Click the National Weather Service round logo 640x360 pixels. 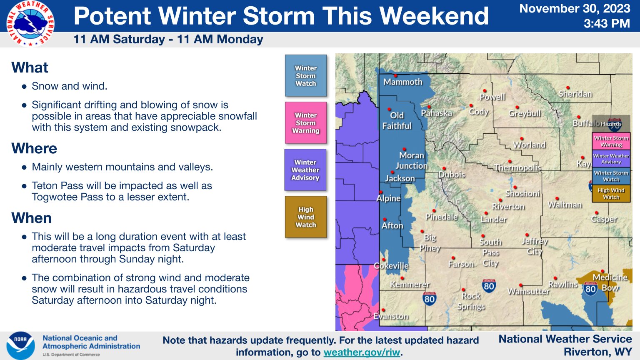tap(30, 23)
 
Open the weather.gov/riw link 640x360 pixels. tap(361, 352)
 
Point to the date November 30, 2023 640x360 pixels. tap(575, 9)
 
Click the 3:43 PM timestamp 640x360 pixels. tap(607, 23)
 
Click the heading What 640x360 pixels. tap(30, 67)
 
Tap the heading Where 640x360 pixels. tap(34, 148)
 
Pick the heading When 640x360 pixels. tap(31, 218)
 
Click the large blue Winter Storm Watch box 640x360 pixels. tap(306, 76)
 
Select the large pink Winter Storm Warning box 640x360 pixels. tap(306, 123)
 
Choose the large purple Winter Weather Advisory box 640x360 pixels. tap(305, 170)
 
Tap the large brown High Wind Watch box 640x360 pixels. tap(306, 217)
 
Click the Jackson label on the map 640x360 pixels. tap(400, 179)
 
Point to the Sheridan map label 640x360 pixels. tap(575, 94)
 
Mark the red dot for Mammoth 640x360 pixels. tap(396, 76)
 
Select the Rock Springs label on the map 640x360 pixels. tap(471, 301)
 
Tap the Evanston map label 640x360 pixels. tap(391, 316)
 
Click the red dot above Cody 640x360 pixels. tap(471, 105)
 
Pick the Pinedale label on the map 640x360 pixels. tap(441, 217)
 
